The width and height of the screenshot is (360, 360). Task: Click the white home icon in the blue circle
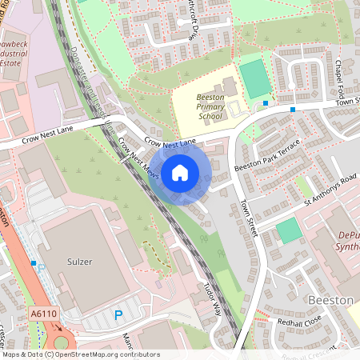point(180,173)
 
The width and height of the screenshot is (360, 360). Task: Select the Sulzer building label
point(80,262)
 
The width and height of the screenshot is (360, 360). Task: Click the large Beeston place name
point(330,299)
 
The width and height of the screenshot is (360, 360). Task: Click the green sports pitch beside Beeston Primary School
point(254,79)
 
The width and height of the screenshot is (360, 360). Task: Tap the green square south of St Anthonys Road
point(289,231)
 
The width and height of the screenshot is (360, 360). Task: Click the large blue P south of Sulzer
point(118,316)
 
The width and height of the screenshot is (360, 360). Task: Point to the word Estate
point(10,62)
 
